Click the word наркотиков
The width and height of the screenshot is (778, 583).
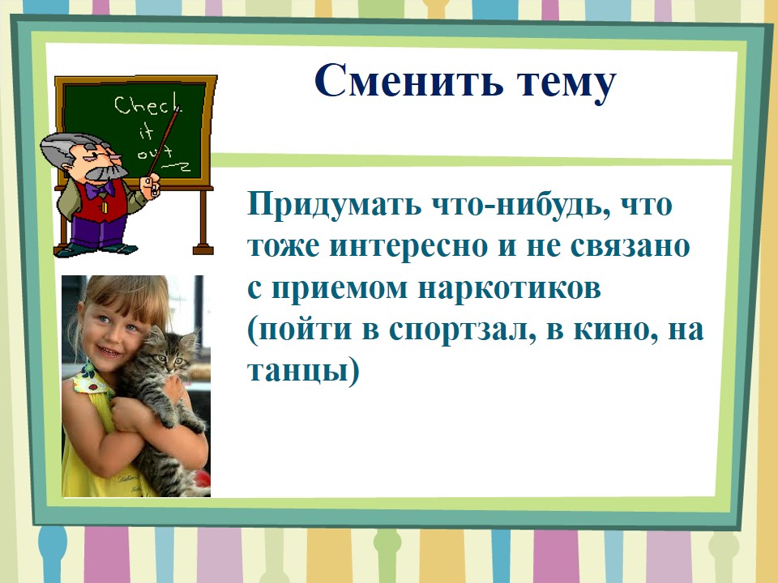click(x=509, y=287)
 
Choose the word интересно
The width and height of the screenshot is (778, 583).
click(x=408, y=246)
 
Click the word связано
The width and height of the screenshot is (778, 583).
click(x=631, y=246)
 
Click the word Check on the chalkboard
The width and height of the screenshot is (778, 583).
click(x=147, y=105)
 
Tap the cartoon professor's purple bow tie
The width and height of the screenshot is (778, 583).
click(x=99, y=190)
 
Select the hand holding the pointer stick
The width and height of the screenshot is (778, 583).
click(x=150, y=186)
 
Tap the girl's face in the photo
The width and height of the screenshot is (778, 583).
click(x=111, y=330)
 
